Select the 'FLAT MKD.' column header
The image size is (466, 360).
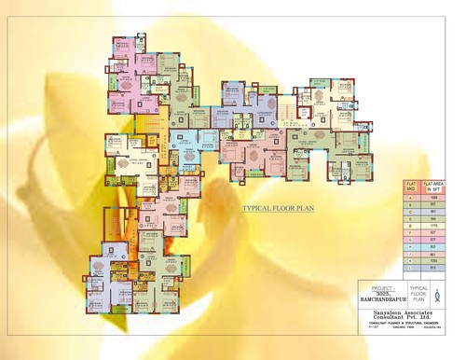pyautogui.click(x=410, y=187)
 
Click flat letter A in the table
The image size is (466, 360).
pyautogui.click(x=410, y=198)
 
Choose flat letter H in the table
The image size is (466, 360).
pyautogui.click(x=410, y=245)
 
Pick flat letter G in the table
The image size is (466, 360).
pyautogui.click(x=410, y=240)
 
